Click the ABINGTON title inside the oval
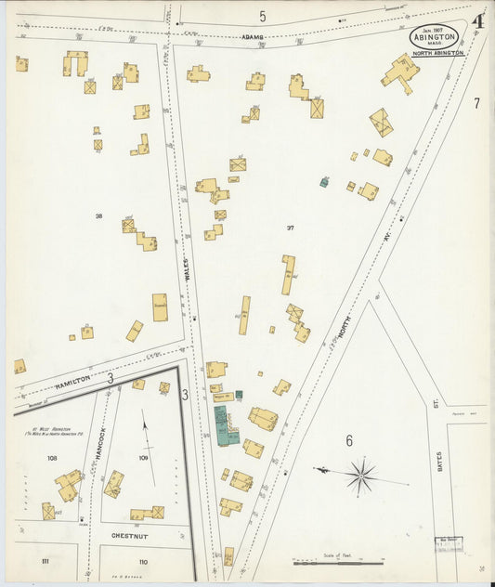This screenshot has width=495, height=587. tap(434, 39)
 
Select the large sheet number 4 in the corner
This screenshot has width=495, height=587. tap(478, 21)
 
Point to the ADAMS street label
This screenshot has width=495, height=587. tap(254, 37)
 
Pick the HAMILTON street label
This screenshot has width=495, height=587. tap(72, 381)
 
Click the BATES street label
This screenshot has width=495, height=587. tap(439, 461)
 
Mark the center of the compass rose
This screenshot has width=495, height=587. tap(361, 476)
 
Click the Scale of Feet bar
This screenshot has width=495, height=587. tap(336, 563)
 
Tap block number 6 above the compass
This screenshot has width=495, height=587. tap(349, 440)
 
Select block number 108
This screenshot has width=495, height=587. tap(52, 458)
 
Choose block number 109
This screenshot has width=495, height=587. tap(143, 458)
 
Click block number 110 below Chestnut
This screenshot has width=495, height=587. tap(142, 562)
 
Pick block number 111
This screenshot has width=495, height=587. tap(45, 562)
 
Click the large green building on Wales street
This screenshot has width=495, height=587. tap(225, 424)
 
